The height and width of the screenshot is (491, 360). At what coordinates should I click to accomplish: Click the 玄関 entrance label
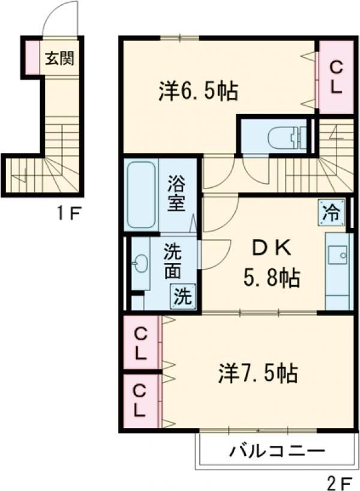59,58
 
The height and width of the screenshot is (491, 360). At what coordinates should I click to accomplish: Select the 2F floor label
340,483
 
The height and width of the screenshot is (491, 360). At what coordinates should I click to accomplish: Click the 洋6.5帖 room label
198,91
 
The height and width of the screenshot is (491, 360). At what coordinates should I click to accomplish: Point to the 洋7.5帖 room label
257,373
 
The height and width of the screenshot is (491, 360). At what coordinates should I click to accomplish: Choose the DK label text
272,249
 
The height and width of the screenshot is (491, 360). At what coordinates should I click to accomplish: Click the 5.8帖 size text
271,278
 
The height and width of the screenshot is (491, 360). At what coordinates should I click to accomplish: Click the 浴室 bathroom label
176,193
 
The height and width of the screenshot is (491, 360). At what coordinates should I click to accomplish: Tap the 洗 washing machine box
183,297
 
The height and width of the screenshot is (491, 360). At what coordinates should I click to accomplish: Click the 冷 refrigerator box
331,212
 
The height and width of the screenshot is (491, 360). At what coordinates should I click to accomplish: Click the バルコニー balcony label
277,451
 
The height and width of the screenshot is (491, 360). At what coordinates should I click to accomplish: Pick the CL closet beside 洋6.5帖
336,77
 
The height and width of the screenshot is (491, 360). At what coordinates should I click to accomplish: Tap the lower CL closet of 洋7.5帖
141,401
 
